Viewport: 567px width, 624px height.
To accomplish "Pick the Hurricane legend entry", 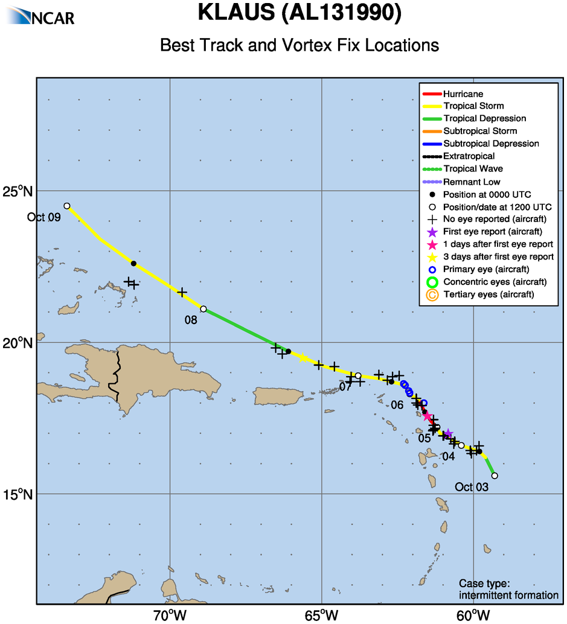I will point(463,94).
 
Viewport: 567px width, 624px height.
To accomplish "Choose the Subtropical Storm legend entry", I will point(479,132).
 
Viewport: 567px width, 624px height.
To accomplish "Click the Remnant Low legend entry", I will point(471,182).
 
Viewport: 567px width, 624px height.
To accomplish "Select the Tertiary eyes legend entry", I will point(488,294).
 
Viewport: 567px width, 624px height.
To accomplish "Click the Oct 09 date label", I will point(44,217).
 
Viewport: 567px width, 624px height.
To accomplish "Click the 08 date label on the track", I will point(191,320).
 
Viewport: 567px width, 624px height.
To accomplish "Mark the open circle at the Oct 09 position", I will point(67,206).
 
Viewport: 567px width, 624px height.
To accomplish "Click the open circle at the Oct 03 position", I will point(495,476).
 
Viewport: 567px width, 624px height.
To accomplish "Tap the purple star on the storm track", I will point(448,433).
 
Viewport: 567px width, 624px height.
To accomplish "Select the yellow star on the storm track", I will point(303,358).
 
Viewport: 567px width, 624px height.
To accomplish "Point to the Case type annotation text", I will point(508,590).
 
